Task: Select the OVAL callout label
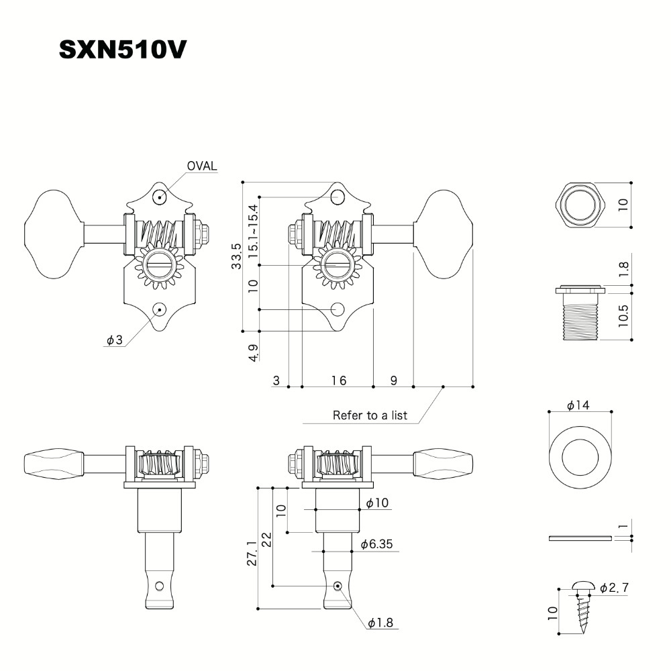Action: pos(201,166)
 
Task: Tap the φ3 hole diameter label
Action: pos(114,340)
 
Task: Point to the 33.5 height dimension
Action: pos(236,256)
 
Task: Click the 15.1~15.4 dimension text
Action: pos(253,231)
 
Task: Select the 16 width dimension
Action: pos(338,380)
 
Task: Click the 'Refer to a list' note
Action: pos(370,415)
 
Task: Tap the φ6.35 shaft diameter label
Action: pos(376,544)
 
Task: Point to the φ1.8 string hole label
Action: pos(380,623)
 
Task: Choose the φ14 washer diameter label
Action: pos(578,405)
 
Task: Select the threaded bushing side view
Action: pos(580,313)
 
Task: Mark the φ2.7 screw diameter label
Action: pos(614,588)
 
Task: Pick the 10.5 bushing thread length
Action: pos(623,315)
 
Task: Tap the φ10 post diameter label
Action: pos(377,503)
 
